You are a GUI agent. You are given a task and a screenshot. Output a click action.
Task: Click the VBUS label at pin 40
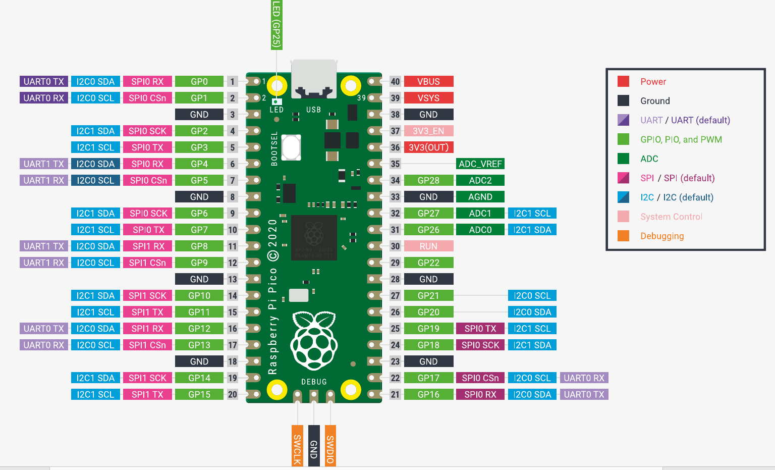[428, 81]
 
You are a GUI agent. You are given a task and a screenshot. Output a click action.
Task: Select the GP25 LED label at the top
[276, 25]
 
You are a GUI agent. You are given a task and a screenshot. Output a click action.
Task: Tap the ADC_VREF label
[480, 164]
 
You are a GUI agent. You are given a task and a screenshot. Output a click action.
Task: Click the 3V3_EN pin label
[428, 131]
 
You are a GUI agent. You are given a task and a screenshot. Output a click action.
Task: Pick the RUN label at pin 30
[428, 246]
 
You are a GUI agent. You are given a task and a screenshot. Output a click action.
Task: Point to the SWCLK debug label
[297, 446]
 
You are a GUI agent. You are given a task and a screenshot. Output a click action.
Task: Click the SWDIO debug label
[330, 446]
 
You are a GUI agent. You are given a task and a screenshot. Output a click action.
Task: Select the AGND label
[480, 196]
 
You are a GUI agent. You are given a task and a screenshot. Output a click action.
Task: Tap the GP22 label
[428, 263]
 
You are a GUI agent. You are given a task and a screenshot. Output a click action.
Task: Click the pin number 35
[395, 164]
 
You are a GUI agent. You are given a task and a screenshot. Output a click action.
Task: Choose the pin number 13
[233, 279]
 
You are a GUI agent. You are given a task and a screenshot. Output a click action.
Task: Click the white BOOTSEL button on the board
[291, 147]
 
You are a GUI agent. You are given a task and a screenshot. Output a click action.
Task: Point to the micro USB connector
[314, 79]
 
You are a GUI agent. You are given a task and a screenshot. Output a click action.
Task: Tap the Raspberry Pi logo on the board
[314, 340]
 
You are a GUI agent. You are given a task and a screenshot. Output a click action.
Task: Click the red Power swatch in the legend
[623, 81]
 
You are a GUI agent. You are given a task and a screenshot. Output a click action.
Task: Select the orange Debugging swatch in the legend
[623, 236]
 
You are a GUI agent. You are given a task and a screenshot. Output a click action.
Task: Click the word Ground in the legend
[655, 101]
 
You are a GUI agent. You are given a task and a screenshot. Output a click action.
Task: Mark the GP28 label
[428, 180]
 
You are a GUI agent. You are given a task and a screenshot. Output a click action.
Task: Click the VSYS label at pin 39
[428, 98]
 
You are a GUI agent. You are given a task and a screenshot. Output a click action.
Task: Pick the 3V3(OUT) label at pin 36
[428, 147]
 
